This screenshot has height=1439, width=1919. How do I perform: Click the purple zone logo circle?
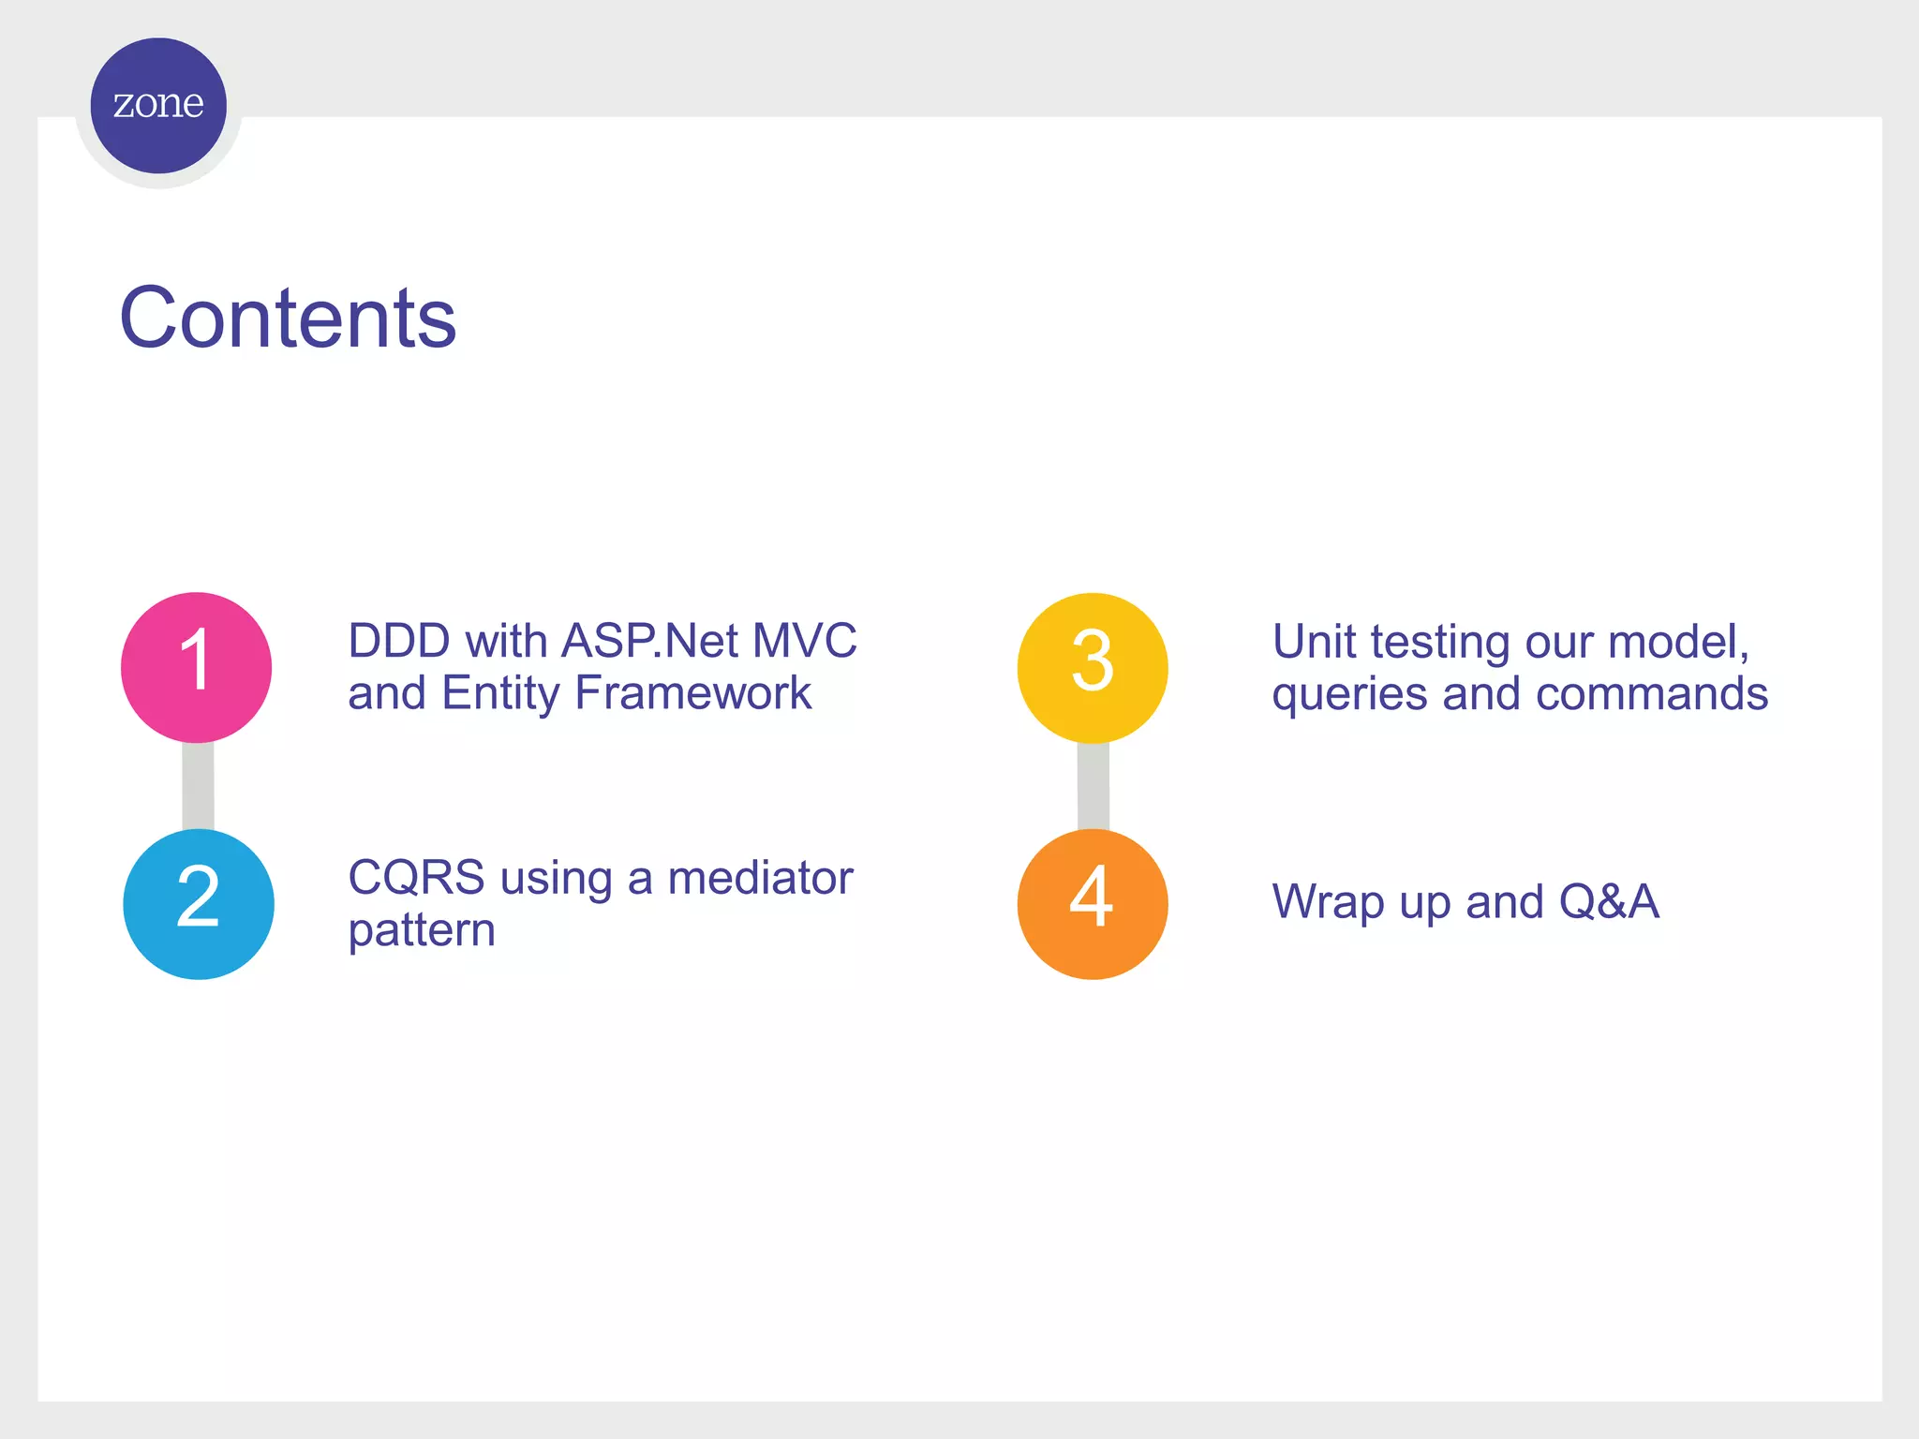coord(158,105)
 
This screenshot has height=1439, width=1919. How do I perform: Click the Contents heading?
coord(288,319)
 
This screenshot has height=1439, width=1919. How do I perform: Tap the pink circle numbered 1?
coord(196,667)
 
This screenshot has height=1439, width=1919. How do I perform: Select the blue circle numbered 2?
coord(198,904)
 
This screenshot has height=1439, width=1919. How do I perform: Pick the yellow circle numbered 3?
coord(1093,667)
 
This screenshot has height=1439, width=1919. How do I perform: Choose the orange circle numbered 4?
coord(1093,904)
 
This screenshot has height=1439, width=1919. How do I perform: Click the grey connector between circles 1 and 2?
coord(198,786)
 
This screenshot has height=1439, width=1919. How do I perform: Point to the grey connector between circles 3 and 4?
coord(1093,786)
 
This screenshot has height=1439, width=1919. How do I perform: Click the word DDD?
coord(398,642)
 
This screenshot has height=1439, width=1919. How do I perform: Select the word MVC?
coord(804,642)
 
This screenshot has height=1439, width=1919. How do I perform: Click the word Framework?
coord(692,693)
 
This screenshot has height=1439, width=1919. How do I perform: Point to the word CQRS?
coord(416,879)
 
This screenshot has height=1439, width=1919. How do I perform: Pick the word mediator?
coord(760,879)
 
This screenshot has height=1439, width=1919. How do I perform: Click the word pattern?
coord(422,931)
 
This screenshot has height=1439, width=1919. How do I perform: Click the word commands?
coord(1652,694)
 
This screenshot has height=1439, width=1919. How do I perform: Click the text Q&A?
coord(1609,902)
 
